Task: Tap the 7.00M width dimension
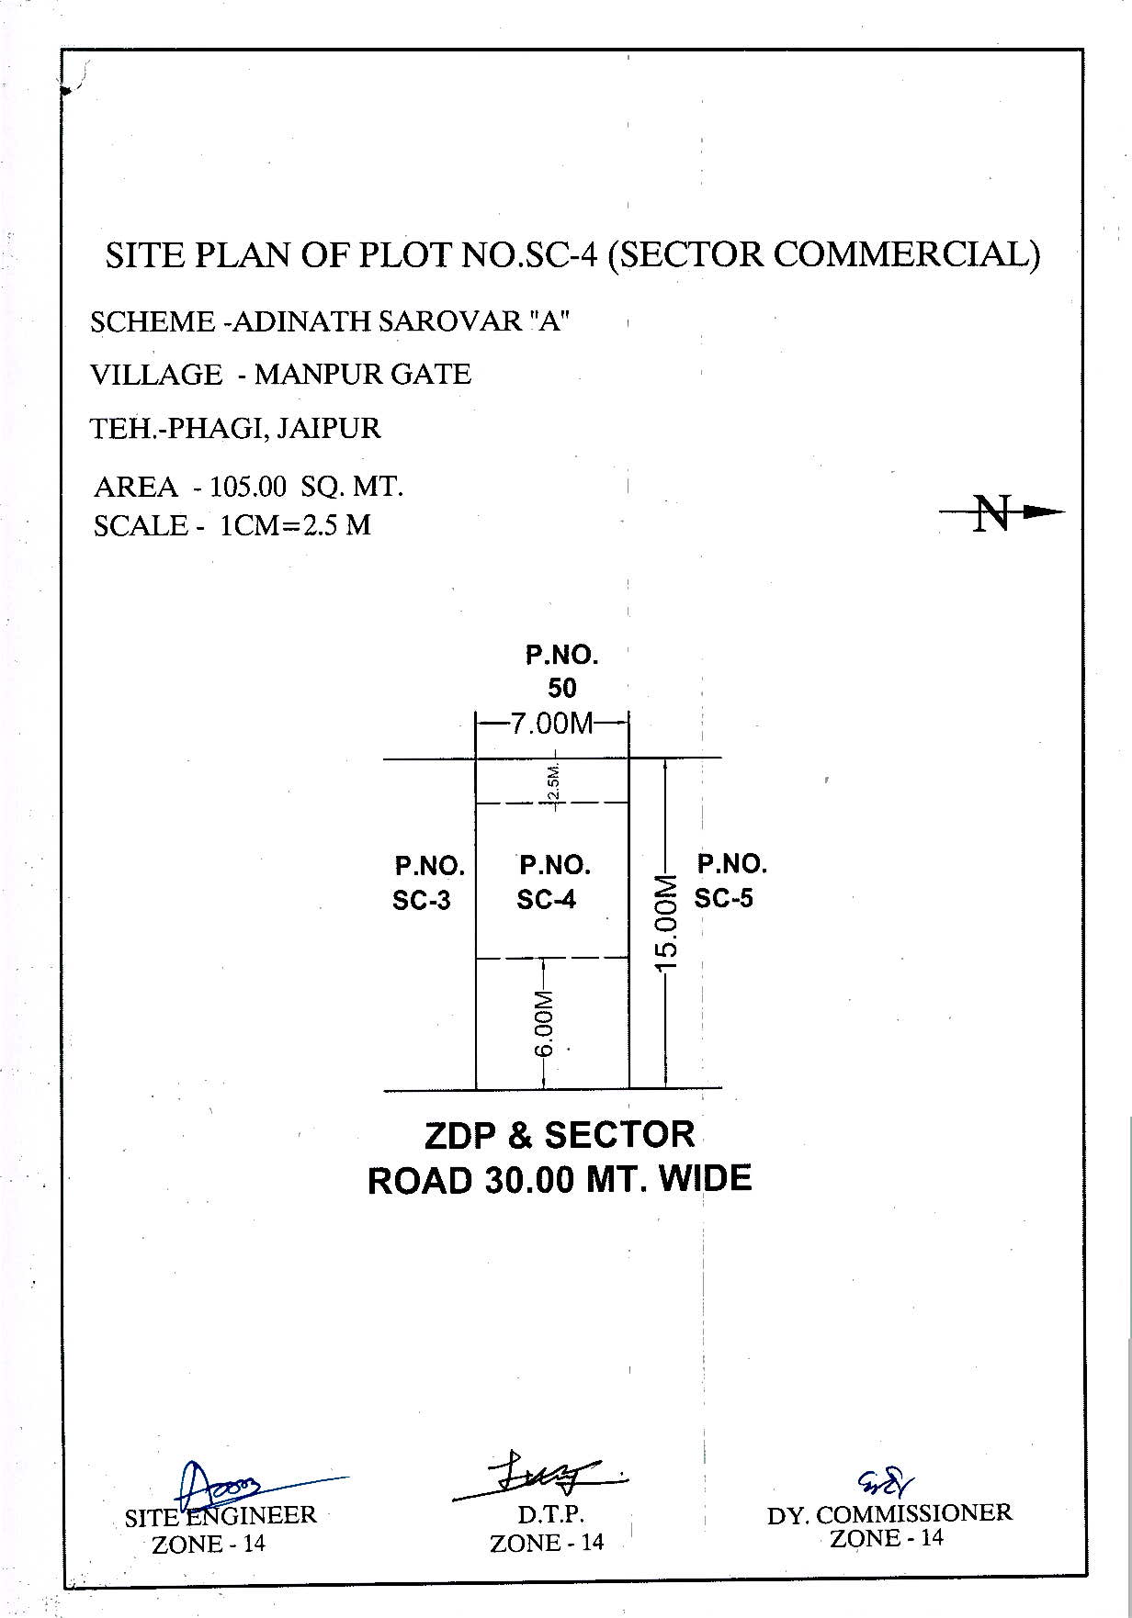click(551, 724)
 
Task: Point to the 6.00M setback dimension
click(545, 1023)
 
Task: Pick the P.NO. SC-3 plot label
click(427, 883)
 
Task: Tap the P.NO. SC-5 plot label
click(729, 881)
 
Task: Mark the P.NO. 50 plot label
click(561, 671)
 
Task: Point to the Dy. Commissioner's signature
click(886, 1479)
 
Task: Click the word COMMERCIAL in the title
click(905, 254)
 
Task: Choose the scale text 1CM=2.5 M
click(295, 525)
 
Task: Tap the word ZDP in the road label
click(459, 1136)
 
